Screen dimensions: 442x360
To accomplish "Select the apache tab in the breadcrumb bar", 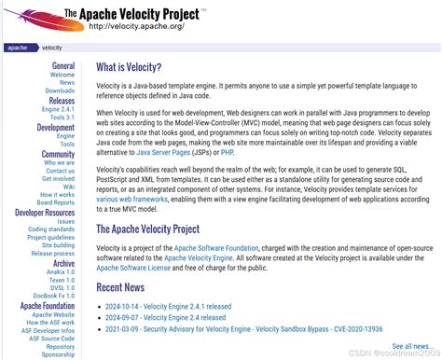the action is click(x=17, y=47).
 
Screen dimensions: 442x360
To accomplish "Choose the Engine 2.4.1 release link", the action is click(x=57, y=109).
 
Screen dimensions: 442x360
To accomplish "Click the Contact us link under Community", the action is click(x=60, y=171).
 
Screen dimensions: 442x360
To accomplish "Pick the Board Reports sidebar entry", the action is click(x=56, y=202).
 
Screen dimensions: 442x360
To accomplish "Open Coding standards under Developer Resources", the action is click(x=51, y=229).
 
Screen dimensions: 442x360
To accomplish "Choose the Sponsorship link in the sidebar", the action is click(x=58, y=354).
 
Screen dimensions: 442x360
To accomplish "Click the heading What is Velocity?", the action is click(x=129, y=67).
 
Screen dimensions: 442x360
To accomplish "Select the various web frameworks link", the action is click(x=131, y=199).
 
